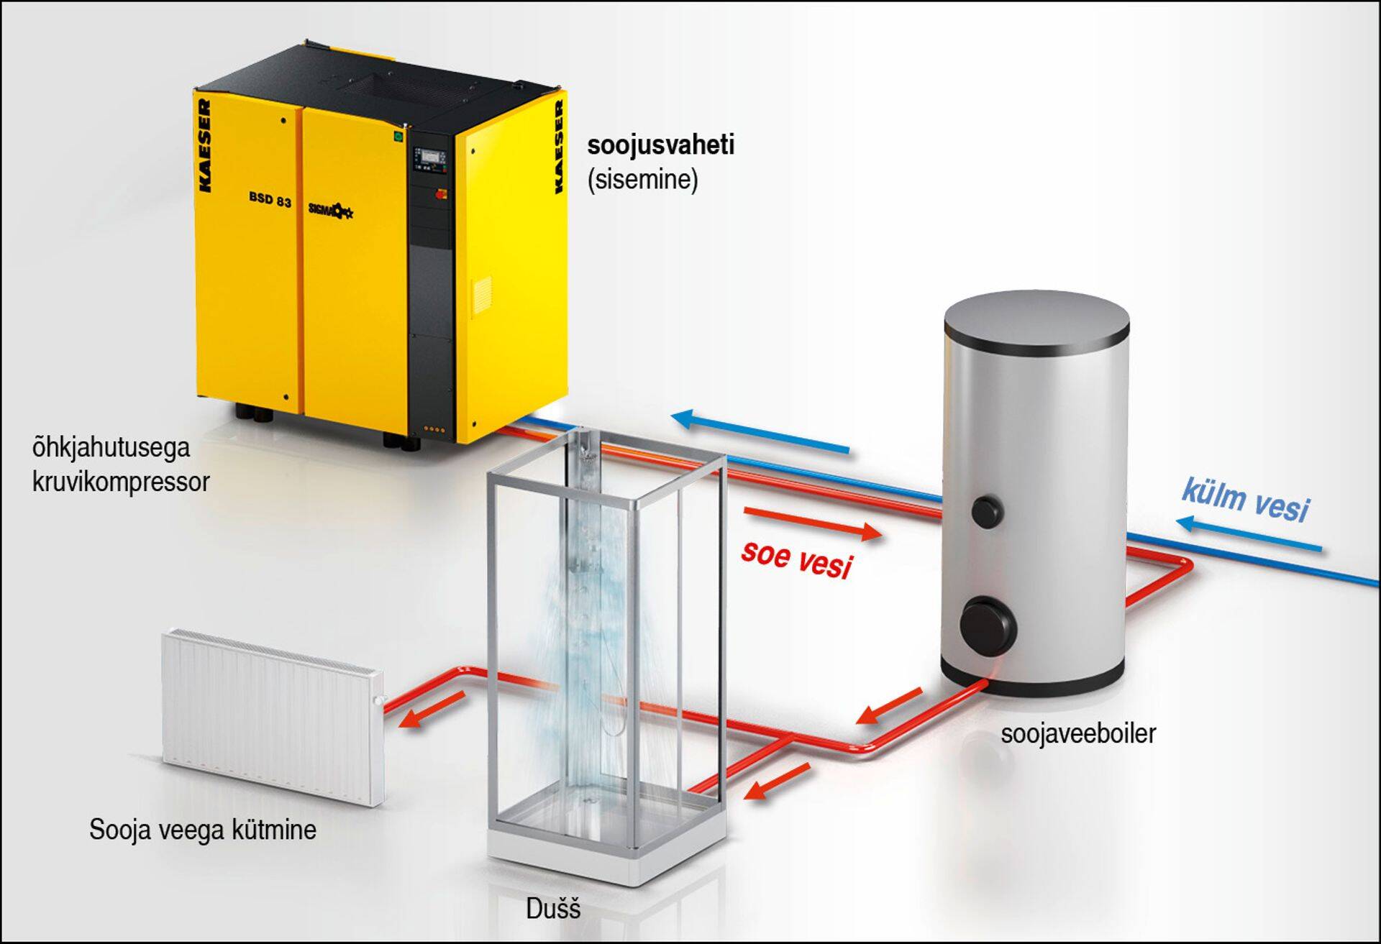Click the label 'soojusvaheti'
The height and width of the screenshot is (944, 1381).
click(660, 145)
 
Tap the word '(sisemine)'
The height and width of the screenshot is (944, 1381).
click(642, 179)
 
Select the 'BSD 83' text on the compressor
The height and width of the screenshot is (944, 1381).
click(270, 199)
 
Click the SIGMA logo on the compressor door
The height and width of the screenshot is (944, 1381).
click(330, 208)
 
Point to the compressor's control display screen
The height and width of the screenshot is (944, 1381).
click(430, 157)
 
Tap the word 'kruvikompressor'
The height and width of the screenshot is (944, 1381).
click(121, 482)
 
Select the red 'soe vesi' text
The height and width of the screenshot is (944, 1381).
click(797, 559)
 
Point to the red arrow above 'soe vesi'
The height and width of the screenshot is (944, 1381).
click(813, 523)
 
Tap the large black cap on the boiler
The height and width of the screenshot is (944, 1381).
click(989, 624)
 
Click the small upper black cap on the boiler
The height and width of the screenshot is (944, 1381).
click(987, 510)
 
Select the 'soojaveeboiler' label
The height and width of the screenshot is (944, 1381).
click(1078, 733)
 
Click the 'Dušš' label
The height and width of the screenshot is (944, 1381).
click(553, 909)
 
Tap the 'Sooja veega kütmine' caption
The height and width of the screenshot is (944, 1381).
click(203, 830)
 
